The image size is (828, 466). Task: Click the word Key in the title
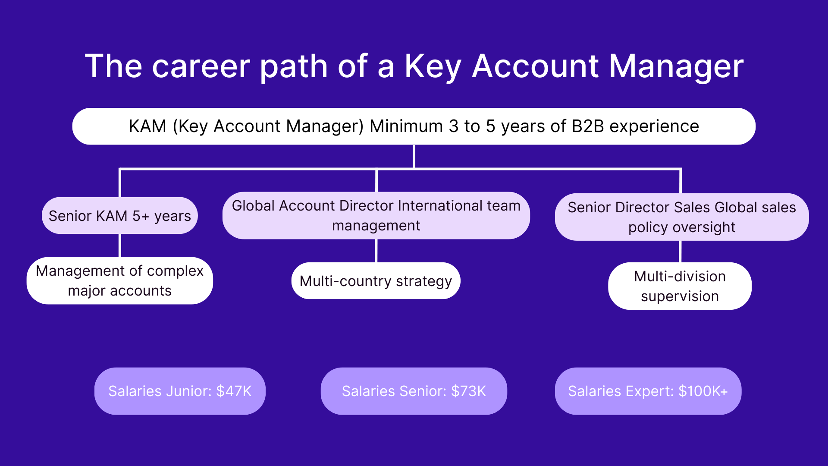(x=433, y=66)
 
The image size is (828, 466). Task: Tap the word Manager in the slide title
(x=676, y=66)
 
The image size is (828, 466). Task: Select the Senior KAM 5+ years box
(x=119, y=216)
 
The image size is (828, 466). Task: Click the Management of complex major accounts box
(x=119, y=281)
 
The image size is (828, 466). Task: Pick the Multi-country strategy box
(x=376, y=281)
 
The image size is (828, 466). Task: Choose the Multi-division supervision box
(x=680, y=286)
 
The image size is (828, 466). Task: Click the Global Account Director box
(x=376, y=216)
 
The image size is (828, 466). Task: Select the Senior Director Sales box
(x=681, y=217)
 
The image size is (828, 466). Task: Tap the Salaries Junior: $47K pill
(x=180, y=391)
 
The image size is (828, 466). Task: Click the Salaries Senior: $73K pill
(x=414, y=391)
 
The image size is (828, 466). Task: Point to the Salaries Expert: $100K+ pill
(x=648, y=391)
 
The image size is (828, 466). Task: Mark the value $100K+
(x=703, y=391)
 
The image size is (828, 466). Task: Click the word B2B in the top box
(x=587, y=126)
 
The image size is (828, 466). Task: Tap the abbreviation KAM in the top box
(x=147, y=126)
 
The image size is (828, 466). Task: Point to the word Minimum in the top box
(x=406, y=126)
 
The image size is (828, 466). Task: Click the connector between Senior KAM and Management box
(x=120, y=246)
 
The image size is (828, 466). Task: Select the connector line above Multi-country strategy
(x=376, y=251)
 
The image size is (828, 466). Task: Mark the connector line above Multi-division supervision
(x=680, y=252)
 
